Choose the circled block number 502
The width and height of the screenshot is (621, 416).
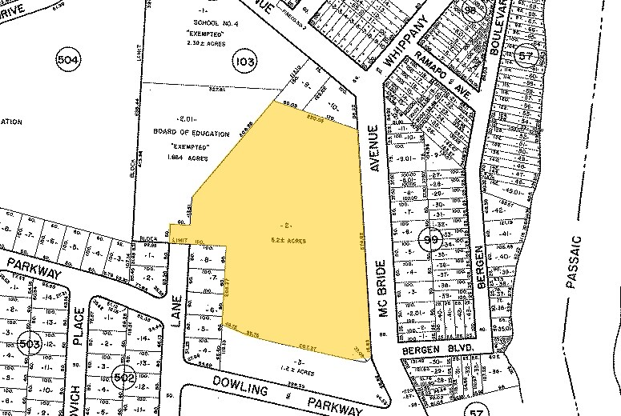point(124,378)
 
